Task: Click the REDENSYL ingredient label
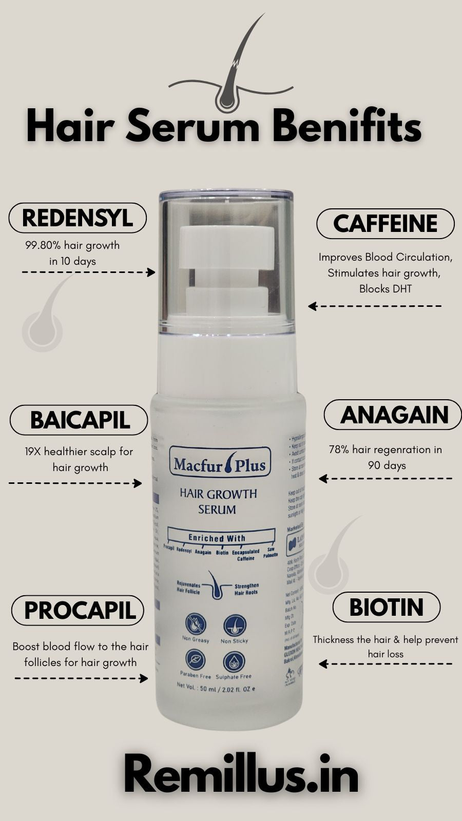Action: (78, 218)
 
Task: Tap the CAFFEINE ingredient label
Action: (385, 224)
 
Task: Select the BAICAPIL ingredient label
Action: (79, 420)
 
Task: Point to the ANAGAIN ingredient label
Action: (394, 415)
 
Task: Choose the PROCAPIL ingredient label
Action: (78, 610)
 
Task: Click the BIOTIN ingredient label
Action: (386, 607)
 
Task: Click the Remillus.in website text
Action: (241, 776)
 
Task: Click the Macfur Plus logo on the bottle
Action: (220, 464)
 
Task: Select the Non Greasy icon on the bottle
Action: (196, 625)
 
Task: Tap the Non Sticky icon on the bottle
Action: (234, 625)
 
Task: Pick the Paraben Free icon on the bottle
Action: (196, 660)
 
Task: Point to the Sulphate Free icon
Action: (234, 661)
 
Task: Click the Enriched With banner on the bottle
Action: (217, 538)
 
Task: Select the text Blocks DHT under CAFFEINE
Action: (385, 289)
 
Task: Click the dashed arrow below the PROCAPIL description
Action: (81, 678)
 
